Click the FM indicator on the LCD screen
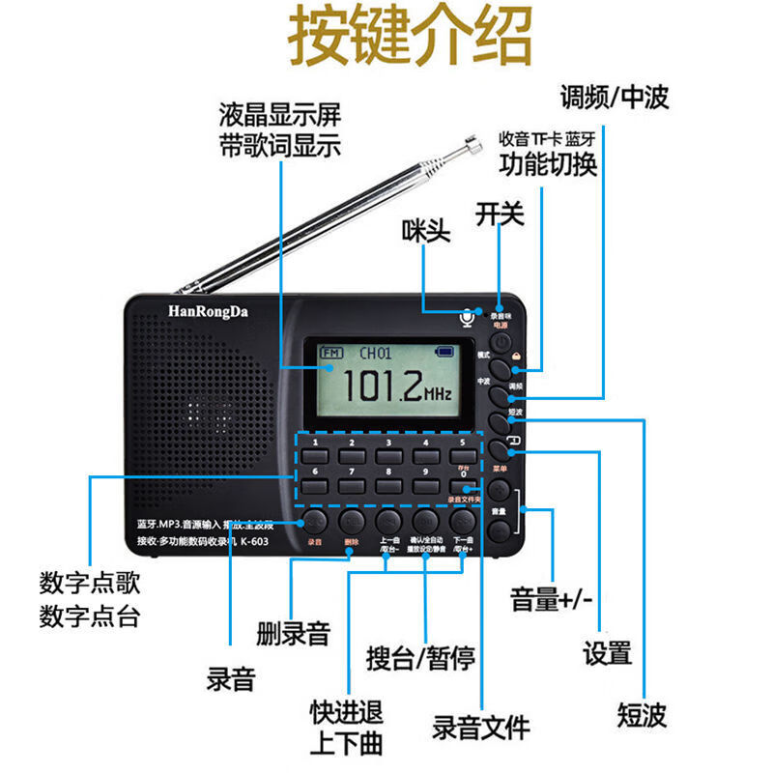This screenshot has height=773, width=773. pyautogui.click(x=331, y=352)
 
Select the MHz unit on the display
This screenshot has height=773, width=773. pyautogui.click(x=439, y=395)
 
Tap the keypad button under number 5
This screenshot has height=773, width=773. pyautogui.click(x=462, y=456)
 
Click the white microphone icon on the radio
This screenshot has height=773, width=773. pyautogui.click(x=467, y=317)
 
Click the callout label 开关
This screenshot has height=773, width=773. pyautogui.click(x=500, y=213)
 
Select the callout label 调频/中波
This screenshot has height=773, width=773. pyautogui.click(x=615, y=97)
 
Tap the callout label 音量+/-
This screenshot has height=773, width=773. pyautogui.click(x=549, y=600)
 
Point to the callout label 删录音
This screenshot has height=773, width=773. pyautogui.click(x=294, y=634)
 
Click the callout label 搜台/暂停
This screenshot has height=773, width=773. pyautogui.click(x=421, y=659)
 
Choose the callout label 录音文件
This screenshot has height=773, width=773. pyautogui.click(x=480, y=727)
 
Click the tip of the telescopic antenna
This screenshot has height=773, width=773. pyautogui.click(x=473, y=145)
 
